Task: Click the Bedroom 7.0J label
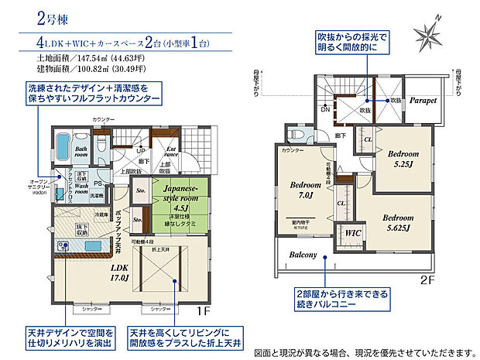tap(305, 191)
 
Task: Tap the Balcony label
tap(306, 255)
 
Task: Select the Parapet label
tap(423, 101)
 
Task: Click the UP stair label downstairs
tap(140, 151)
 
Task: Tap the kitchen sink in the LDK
tap(64, 245)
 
